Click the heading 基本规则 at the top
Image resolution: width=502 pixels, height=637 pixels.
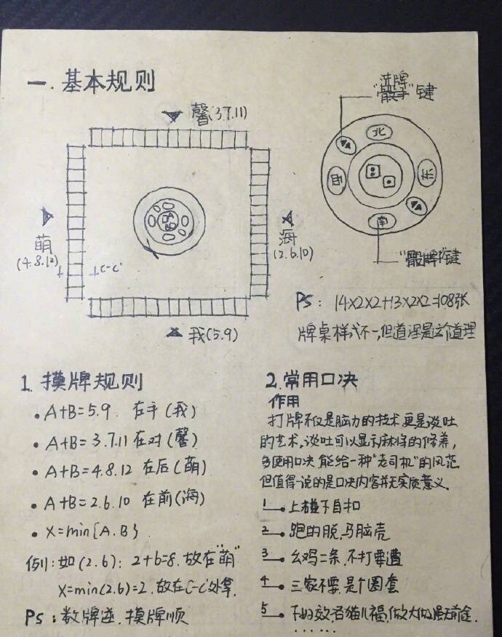click(x=110, y=81)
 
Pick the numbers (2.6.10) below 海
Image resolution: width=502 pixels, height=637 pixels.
click(x=292, y=255)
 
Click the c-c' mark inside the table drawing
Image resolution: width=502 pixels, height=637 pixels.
click(x=105, y=270)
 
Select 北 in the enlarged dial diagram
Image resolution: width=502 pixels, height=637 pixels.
click(x=378, y=132)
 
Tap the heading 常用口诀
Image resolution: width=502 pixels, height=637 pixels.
click(x=316, y=381)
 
